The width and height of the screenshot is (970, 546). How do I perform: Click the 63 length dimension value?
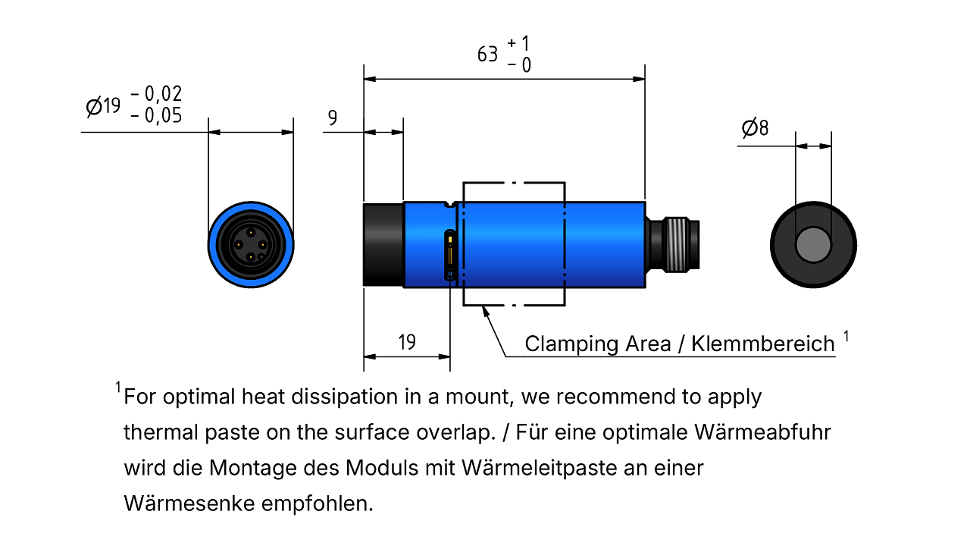tap(487, 55)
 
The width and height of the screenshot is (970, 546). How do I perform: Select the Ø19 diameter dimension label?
tap(103, 106)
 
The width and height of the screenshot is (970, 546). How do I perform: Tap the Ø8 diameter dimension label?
tap(755, 128)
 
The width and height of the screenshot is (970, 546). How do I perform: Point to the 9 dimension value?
tap(332, 118)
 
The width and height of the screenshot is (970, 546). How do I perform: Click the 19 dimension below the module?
tap(407, 342)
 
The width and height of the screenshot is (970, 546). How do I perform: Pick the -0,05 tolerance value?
tap(156, 116)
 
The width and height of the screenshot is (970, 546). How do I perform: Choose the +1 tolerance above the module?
tap(518, 43)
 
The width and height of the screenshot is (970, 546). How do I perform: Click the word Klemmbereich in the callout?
tap(763, 344)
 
